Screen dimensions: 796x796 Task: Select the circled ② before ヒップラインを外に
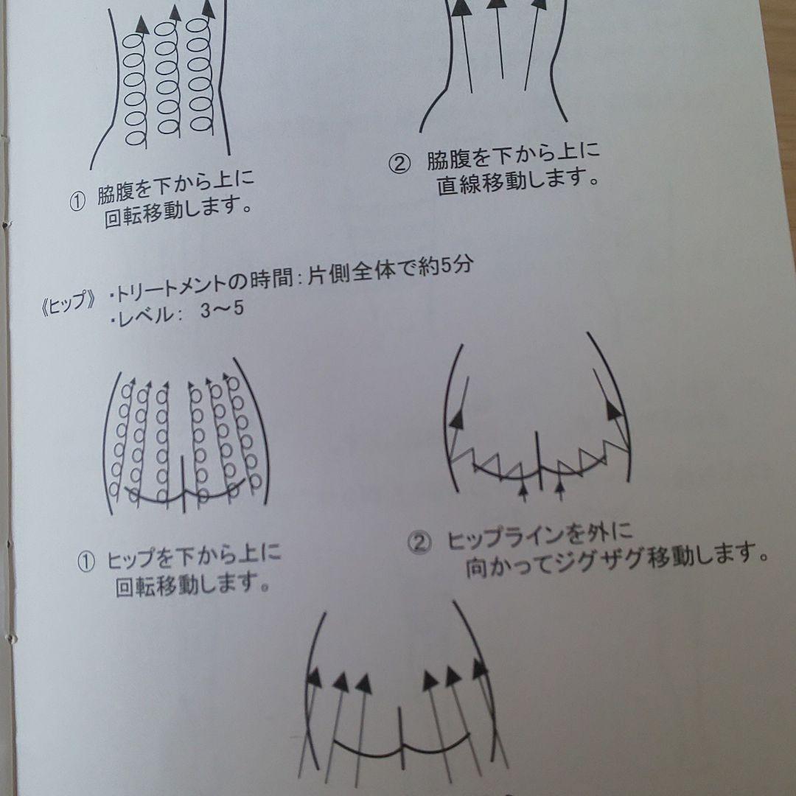[418, 543]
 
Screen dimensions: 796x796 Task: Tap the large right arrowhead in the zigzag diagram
[613, 411]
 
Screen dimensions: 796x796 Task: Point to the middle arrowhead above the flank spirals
[175, 13]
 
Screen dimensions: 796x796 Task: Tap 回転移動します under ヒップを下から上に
[191, 587]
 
